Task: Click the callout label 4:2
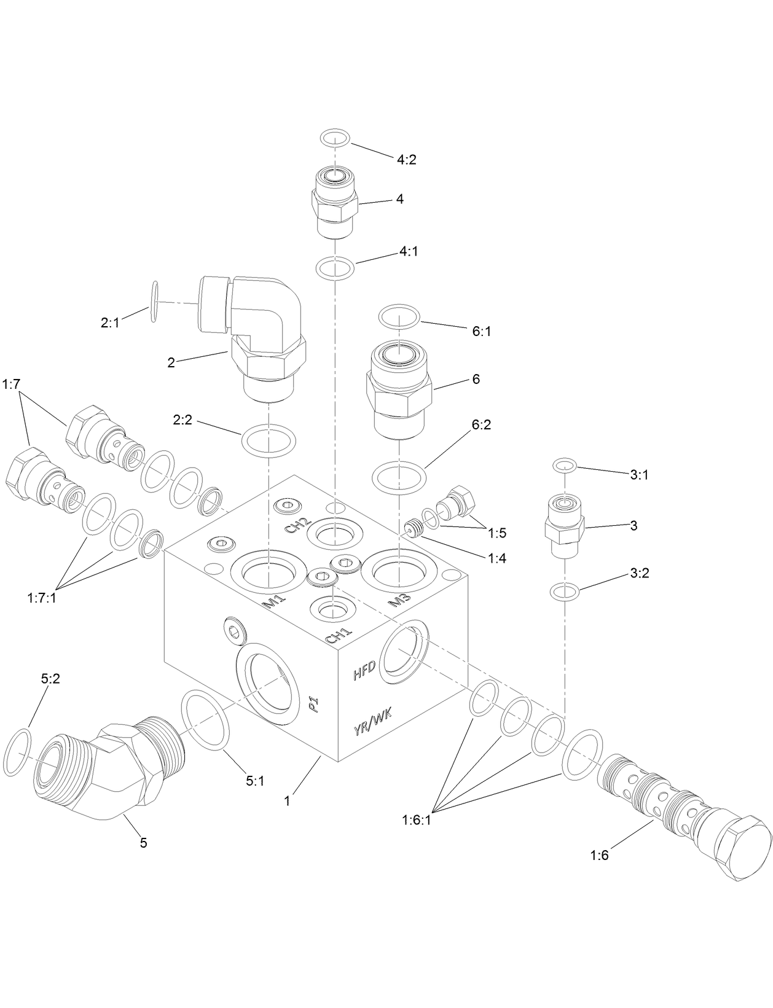pos(406,160)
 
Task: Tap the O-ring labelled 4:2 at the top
pos(335,138)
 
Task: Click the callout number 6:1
pos(481,331)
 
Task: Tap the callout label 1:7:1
pos(42,597)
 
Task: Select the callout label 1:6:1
pos(417,819)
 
